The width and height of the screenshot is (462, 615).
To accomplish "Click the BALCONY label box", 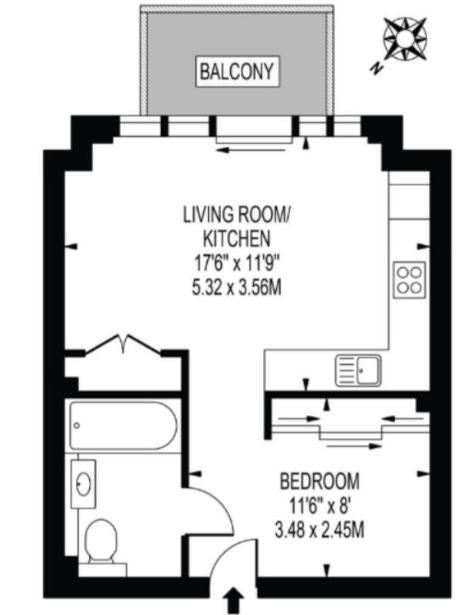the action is (x=237, y=71).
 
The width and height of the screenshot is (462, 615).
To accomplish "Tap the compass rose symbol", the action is (x=405, y=39).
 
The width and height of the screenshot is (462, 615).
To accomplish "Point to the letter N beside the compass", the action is (x=376, y=68).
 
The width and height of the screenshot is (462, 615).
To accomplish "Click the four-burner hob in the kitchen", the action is (x=409, y=280).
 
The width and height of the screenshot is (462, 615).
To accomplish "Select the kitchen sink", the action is (x=358, y=370).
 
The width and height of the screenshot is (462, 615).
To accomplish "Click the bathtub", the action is (x=123, y=425).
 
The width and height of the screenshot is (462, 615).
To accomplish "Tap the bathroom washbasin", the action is (x=83, y=484).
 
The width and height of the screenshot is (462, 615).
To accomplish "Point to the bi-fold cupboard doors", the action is (x=123, y=344).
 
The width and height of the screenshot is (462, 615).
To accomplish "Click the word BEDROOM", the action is (x=319, y=481).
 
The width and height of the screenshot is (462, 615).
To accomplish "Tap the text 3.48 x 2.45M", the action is (x=319, y=531).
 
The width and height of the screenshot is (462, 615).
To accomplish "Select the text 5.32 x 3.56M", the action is (x=236, y=288).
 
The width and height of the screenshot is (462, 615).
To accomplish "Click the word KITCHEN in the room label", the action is (x=236, y=238).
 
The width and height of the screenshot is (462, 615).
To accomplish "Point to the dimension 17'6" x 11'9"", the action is (x=236, y=263).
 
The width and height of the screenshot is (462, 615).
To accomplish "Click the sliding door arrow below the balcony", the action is (x=251, y=150).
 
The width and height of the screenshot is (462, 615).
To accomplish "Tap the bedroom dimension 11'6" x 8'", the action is (x=319, y=506).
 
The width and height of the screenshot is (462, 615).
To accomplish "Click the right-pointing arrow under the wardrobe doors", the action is (x=353, y=446).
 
